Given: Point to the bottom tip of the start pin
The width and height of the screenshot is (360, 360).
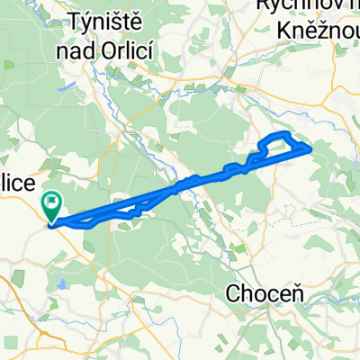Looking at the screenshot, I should pyautogui.click(x=53, y=222).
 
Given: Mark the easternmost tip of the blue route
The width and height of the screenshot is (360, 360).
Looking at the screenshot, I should pyautogui.click(x=311, y=147).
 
